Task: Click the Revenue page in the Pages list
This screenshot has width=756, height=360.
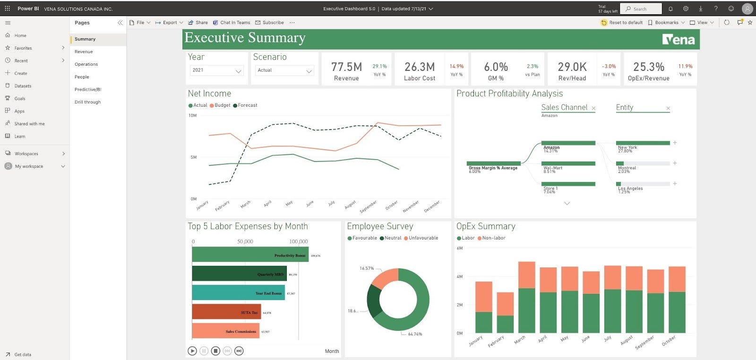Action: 84,51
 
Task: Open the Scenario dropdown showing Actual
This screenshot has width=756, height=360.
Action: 284,70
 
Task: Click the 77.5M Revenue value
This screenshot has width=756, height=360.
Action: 346,67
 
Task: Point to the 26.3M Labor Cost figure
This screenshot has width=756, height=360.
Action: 420,67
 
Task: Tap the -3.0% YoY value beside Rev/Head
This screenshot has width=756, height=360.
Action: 609,67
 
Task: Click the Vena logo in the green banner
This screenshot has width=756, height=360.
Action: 678,39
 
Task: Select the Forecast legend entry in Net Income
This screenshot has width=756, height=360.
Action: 247,105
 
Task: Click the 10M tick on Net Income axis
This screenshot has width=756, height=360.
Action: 192,115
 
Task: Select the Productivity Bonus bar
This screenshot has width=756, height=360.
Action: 250,255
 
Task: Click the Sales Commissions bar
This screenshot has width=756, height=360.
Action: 225,331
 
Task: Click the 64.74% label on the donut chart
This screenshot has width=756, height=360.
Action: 415,334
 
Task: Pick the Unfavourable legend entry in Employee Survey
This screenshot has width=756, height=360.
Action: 423,238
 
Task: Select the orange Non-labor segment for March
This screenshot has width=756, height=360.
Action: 526,275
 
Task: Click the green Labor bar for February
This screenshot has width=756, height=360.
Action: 505,324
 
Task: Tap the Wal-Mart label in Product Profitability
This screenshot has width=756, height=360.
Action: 552,168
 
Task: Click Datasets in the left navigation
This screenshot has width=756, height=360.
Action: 23,86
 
